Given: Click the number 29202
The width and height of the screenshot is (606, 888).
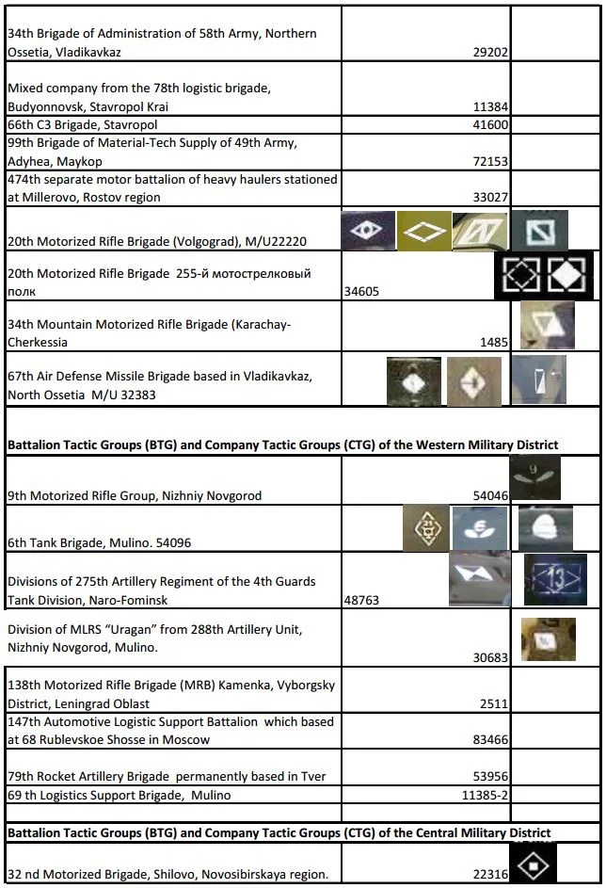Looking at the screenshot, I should (x=490, y=53).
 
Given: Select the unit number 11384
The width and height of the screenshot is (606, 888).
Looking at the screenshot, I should (x=490, y=106).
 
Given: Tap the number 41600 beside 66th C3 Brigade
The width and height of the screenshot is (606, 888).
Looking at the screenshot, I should (x=490, y=124).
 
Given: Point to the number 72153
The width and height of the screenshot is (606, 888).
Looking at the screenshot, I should (x=490, y=161).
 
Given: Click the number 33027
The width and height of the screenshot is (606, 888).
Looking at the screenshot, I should (x=490, y=198).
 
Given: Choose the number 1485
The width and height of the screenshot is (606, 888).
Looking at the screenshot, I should (x=494, y=343).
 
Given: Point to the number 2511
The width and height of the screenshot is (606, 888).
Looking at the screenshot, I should (x=494, y=703).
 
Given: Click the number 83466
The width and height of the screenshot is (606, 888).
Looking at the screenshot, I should (x=490, y=740).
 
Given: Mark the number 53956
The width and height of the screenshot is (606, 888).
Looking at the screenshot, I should (x=490, y=777).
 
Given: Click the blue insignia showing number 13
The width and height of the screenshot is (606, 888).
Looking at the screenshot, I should (x=555, y=577).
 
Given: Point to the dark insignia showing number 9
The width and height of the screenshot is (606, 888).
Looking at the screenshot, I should (x=534, y=476).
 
